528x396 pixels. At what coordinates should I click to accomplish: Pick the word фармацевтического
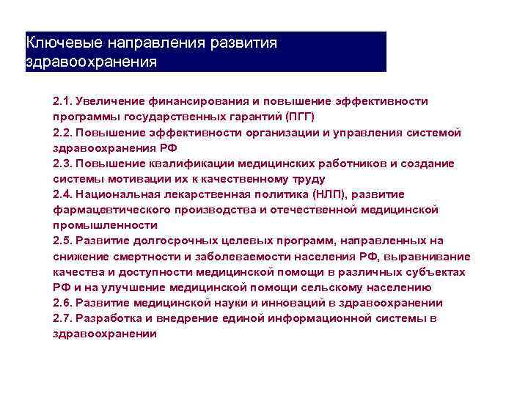coord(106,210)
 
